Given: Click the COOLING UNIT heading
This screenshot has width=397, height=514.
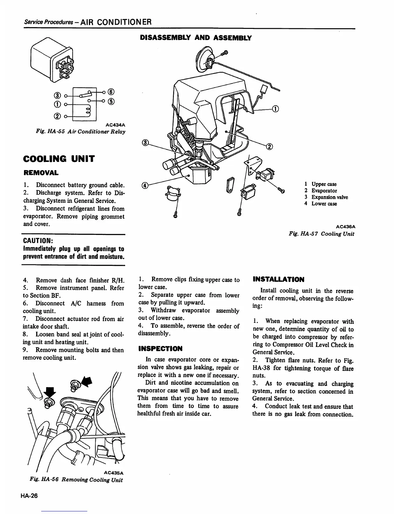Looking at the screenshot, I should coord(59,159).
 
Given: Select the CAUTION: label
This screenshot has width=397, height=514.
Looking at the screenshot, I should coord(38,241).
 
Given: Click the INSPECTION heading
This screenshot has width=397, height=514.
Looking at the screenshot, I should coord(160,349).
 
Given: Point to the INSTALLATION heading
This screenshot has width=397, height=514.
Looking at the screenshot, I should coord(278,279).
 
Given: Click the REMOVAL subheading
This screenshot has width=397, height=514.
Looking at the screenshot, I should coord(41,172).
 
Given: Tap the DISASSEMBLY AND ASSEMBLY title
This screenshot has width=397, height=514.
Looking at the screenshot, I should coord(196,38).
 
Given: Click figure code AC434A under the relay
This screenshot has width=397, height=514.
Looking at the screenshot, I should coord(115,125).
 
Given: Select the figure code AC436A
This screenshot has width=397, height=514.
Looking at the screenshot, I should coord(345,227).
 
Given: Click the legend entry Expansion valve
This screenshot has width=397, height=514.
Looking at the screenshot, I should coord(330,197).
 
